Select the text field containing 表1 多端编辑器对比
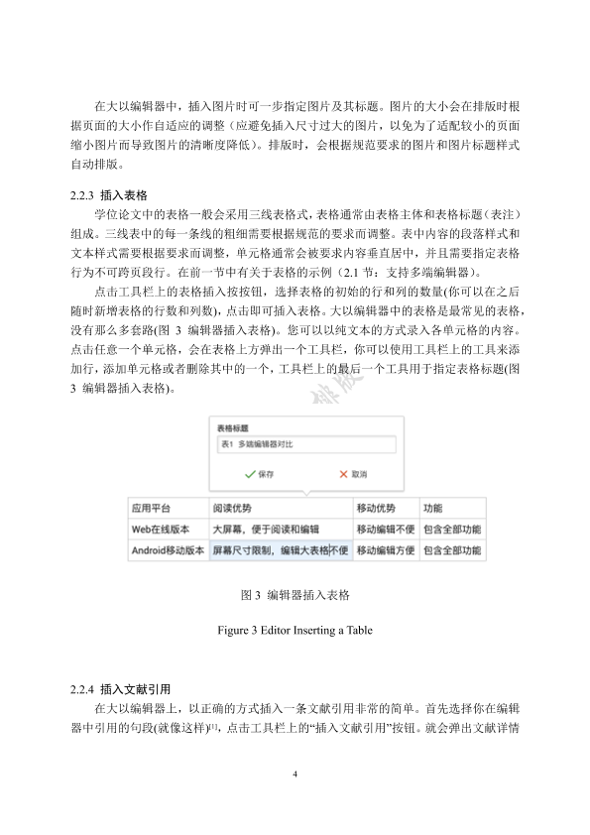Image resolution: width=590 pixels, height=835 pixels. tap(305, 445)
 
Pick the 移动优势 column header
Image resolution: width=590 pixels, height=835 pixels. tap(379, 508)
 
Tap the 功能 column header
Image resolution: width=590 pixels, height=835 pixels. tap(433, 508)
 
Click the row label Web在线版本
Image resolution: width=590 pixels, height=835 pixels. tap(161, 529)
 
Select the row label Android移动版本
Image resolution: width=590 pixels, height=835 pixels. tap(169, 549)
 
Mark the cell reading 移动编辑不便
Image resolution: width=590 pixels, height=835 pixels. tap(386, 529)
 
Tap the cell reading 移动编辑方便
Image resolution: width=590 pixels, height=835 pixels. tap(386, 549)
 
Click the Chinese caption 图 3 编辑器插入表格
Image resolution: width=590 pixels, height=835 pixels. tap(295, 597)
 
